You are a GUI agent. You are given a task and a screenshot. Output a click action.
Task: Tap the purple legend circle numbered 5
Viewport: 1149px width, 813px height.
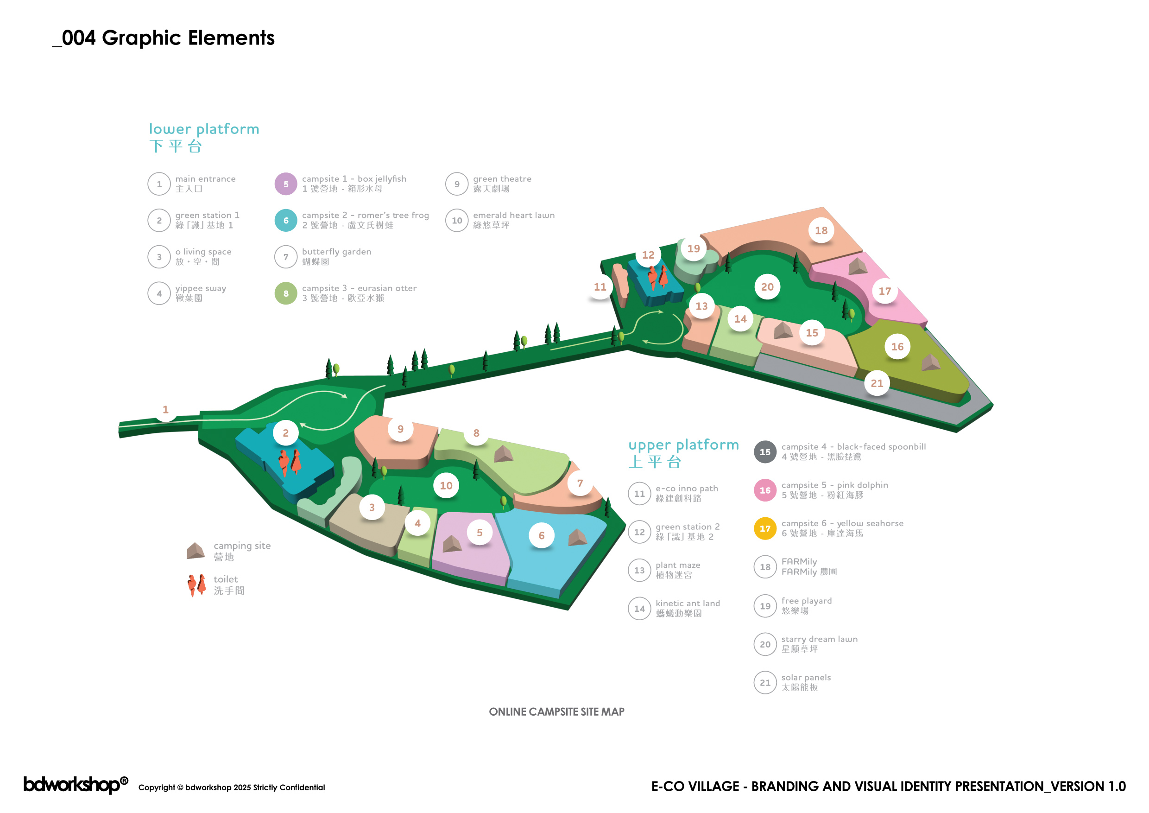click(x=286, y=184)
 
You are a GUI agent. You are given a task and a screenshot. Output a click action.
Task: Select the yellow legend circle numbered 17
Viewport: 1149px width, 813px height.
click(x=764, y=529)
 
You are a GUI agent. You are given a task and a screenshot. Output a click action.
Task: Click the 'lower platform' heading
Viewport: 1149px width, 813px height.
click(x=204, y=129)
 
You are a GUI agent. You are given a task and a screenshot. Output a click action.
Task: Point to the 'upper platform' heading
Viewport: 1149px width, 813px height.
click(x=683, y=445)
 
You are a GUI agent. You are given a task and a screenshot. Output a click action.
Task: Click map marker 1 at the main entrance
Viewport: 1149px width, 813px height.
click(x=166, y=409)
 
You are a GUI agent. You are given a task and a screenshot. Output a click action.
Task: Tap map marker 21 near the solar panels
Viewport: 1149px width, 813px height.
click(x=877, y=383)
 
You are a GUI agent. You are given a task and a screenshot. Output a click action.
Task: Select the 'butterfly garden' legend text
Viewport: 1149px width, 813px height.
click(x=336, y=252)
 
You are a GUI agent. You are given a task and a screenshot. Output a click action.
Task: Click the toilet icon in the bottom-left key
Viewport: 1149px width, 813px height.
click(x=196, y=584)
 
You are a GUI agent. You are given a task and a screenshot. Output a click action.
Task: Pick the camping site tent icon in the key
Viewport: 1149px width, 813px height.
click(x=196, y=551)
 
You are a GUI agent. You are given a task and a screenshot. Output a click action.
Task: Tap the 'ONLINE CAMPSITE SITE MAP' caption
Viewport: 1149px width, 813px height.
click(x=556, y=712)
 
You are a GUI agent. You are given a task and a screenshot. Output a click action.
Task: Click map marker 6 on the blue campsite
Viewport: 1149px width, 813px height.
click(x=542, y=536)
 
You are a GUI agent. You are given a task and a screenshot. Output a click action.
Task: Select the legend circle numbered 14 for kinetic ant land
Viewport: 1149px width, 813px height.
click(x=639, y=609)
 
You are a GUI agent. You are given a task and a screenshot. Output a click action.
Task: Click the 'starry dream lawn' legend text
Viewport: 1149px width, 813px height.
click(x=819, y=639)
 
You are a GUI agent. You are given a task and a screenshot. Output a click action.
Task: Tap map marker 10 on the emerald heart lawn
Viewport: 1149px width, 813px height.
click(x=446, y=486)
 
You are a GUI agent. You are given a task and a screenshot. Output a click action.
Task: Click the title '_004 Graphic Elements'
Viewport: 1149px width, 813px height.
click(x=164, y=38)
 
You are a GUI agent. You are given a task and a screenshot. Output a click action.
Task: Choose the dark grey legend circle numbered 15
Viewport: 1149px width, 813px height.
click(x=764, y=452)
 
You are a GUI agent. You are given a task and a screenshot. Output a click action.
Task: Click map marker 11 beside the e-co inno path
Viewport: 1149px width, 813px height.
click(x=600, y=287)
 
